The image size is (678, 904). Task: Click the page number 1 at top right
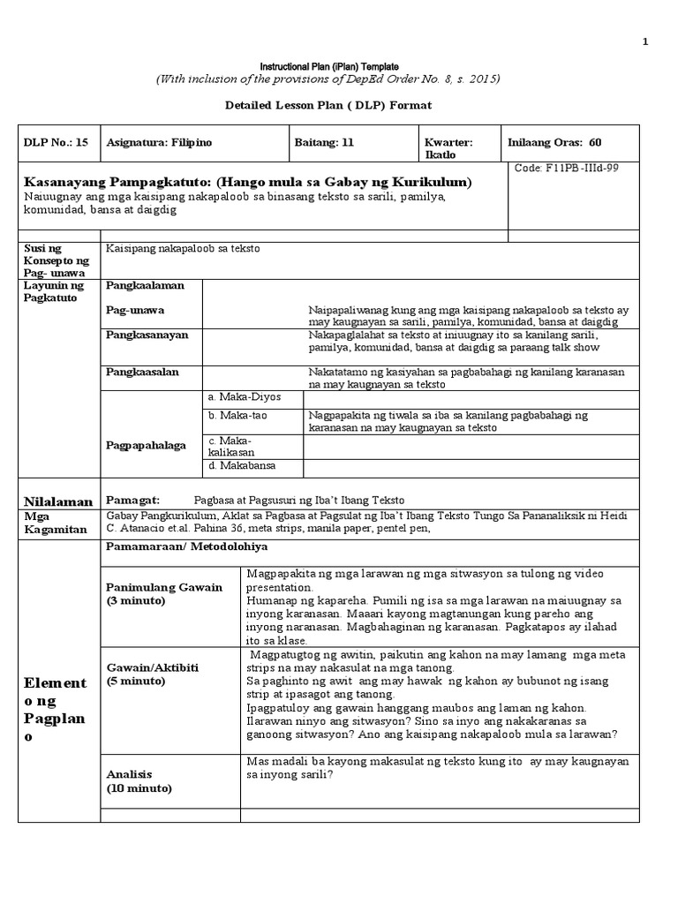click(644, 41)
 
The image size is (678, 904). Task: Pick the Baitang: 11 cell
click(325, 142)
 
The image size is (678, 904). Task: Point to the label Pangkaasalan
click(142, 372)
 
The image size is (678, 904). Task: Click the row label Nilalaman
click(59, 501)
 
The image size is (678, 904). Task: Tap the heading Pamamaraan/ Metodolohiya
click(187, 548)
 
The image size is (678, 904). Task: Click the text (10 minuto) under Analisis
click(139, 788)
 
